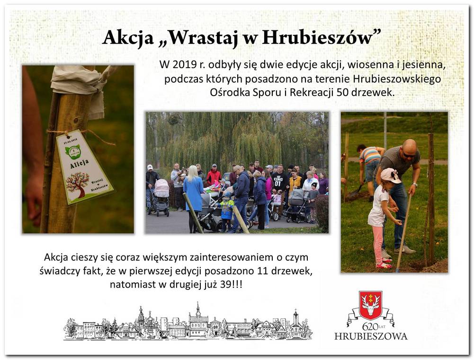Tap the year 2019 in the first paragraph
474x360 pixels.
pyautogui.click(x=183, y=64)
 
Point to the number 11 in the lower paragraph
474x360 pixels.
pyautogui.click(x=268, y=271)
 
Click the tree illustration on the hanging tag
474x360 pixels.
pyautogui.click(x=77, y=184)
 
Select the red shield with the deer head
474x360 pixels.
pyautogui.click(x=370, y=306)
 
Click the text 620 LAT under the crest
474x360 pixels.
pyautogui.click(x=370, y=326)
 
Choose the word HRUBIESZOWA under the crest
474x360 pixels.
pyautogui.click(x=371, y=336)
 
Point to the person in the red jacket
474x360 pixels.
pyautogui.click(x=214, y=176)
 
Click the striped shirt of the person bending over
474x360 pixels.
pyautogui.click(x=370, y=155)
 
